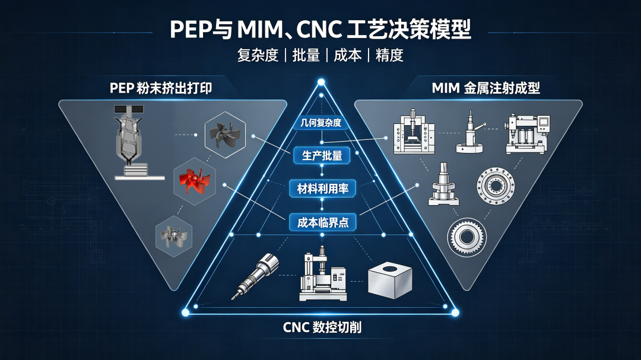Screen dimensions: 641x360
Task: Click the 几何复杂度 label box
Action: point(321,123)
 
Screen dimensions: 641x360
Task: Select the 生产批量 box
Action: point(322,156)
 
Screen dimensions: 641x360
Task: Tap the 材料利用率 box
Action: point(322,189)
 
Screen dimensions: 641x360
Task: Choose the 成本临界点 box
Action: point(322,222)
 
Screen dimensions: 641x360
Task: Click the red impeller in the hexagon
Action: point(194,181)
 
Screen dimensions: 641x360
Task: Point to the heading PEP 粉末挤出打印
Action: point(161,88)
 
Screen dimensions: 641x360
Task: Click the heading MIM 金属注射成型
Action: point(485,88)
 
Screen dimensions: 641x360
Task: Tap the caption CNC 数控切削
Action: point(322,327)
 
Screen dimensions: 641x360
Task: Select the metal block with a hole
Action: point(389,281)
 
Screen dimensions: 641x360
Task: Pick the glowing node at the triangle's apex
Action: point(321,82)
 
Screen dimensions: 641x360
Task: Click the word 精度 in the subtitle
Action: point(389,55)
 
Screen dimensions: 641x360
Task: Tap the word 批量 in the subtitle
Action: point(306,55)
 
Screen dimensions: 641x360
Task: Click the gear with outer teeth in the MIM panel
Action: point(467,237)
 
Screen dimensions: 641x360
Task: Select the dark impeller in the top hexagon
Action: point(224,135)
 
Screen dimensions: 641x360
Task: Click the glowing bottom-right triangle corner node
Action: point(455,313)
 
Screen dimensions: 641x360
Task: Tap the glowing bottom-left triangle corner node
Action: point(185,313)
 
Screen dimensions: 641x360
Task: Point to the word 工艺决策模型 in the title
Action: point(409,30)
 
